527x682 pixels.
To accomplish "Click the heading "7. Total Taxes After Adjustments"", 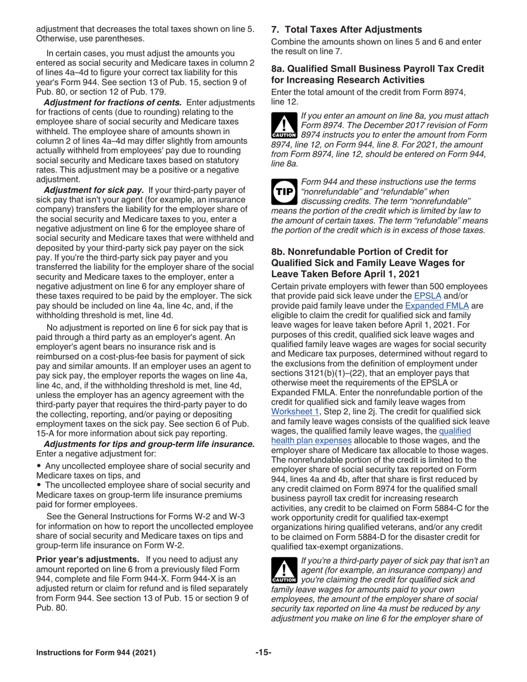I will coord(346,29).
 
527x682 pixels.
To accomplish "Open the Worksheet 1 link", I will coord(295,412).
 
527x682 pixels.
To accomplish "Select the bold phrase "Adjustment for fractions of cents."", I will coord(112,103).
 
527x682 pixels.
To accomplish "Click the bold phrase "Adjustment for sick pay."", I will coord(93,190).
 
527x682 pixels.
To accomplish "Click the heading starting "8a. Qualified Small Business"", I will coord(377,69).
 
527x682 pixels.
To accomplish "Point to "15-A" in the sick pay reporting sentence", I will coord(47,433).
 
